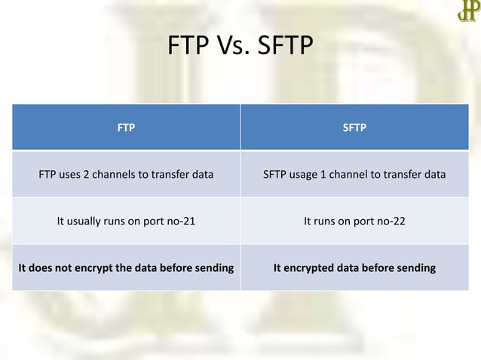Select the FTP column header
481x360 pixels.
pyautogui.click(x=126, y=127)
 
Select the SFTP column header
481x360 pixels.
pyautogui.click(x=354, y=127)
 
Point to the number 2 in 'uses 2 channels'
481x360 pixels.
pyautogui.click(x=85, y=175)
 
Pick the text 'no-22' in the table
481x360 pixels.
pyautogui.click(x=390, y=221)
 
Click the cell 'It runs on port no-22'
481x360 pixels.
pyautogui.click(x=354, y=221)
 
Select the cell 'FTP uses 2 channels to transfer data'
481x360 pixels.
pyautogui.click(x=126, y=175)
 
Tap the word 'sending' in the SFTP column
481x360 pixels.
pyautogui.click(x=415, y=267)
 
